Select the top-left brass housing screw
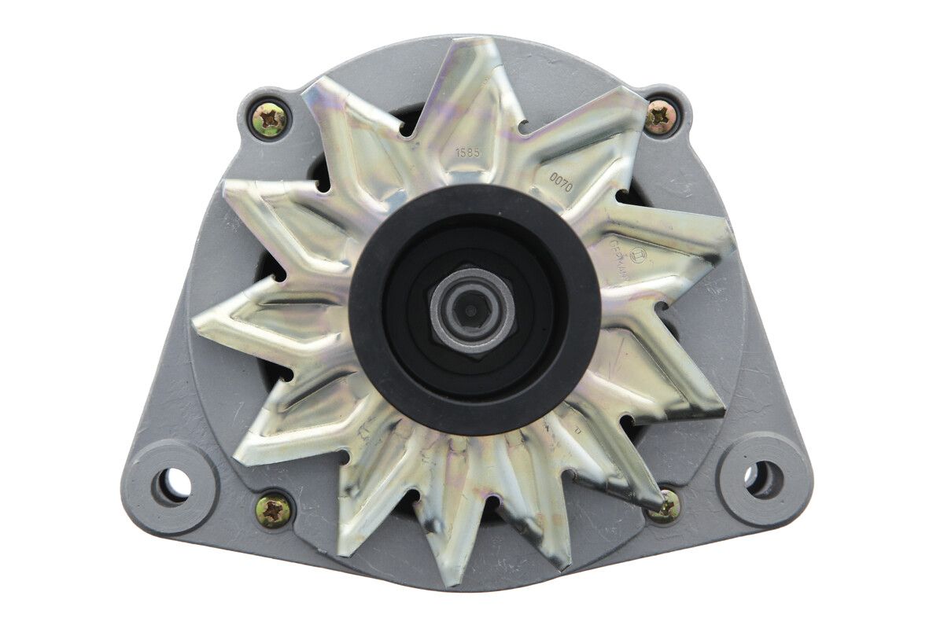[x=270, y=120]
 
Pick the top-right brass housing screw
[x=661, y=118]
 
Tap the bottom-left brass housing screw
[x=274, y=511]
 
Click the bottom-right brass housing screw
[x=666, y=507]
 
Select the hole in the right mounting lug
[x=764, y=479]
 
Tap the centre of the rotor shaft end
[x=470, y=309]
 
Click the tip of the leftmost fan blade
[x=197, y=322]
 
